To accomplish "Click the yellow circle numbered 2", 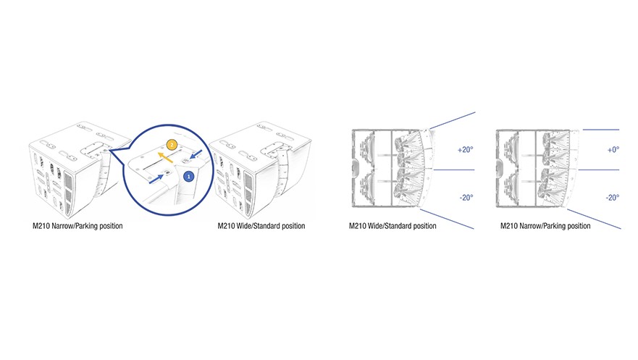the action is pos(172,145).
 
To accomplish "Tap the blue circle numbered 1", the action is pos(188,177).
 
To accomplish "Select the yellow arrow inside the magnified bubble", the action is pos(165,158).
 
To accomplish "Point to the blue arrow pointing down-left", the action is pos(195,154).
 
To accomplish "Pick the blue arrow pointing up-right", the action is pos(156,179).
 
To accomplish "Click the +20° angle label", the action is pos(466,150).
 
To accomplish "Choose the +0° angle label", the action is pos(613,150).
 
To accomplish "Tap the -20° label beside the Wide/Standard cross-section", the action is pos(466,198).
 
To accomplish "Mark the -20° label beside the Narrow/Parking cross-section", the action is pos(613,198).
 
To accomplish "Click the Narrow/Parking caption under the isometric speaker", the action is pos(77,226).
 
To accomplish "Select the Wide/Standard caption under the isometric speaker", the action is pos(261,226).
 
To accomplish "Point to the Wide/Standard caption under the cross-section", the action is pos(393,226).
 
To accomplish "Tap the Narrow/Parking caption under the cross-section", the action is pos(545,226).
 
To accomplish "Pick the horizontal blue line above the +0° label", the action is pos(601,130).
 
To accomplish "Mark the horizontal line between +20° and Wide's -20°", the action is pos(454,169).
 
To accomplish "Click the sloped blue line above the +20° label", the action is pos(453,120).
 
